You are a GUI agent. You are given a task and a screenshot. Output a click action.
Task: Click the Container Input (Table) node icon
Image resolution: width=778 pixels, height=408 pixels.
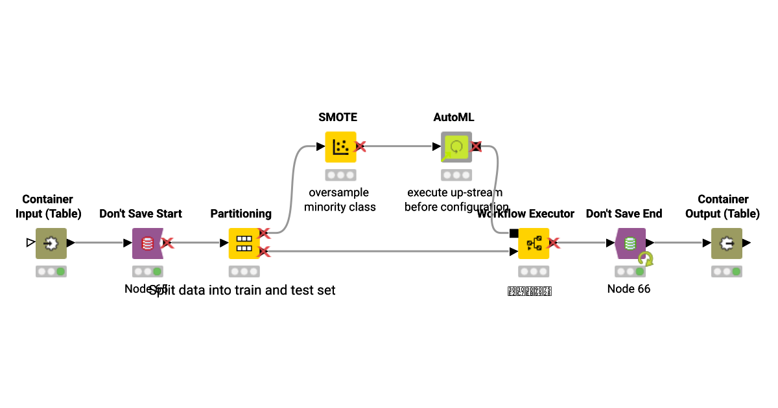pyautogui.click(x=51, y=244)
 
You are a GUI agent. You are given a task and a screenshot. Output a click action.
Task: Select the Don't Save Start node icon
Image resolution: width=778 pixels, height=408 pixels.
pyautogui.click(x=147, y=244)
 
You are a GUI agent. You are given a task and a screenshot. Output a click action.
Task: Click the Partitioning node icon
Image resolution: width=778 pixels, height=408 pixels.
pyautogui.click(x=244, y=244)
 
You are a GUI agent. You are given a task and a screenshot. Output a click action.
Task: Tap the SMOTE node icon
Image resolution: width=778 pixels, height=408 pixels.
pyautogui.click(x=340, y=147)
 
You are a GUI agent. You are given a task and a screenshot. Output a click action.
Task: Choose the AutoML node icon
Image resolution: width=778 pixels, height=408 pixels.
pyautogui.click(x=456, y=147)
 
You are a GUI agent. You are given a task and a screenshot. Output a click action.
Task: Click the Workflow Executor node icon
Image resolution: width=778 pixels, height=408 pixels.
pyautogui.click(x=534, y=244)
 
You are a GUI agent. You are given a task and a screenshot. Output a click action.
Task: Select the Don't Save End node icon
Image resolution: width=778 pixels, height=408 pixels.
pyautogui.click(x=630, y=244)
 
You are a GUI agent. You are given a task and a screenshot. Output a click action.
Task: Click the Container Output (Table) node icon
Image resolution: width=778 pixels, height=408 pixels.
pyautogui.click(x=727, y=244)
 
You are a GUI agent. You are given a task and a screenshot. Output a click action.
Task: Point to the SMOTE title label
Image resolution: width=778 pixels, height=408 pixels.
pyautogui.click(x=338, y=117)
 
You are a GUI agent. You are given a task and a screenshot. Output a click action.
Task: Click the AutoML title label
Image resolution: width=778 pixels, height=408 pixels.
pyautogui.click(x=454, y=117)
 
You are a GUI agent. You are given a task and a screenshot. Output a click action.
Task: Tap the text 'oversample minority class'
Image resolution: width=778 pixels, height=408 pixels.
pyautogui.click(x=340, y=199)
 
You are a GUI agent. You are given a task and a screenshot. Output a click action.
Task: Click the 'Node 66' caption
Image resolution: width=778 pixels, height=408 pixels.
pyautogui.click(x=629, y=289)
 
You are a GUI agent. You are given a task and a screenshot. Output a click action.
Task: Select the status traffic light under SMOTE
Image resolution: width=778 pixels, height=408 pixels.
pyautogui.click(x=340, y=175)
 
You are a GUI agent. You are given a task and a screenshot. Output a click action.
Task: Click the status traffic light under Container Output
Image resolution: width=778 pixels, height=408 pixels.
pyautogui.click(x=727, y=271)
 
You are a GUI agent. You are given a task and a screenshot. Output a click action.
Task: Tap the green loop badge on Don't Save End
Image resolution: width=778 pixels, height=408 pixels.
pyautogui.click(x=645, y=259)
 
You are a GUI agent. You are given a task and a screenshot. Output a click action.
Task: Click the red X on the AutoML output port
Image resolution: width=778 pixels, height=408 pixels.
pyautogui.click(x=476, y=147)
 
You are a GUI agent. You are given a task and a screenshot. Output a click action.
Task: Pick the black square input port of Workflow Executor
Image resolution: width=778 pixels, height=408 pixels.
pyautogui.click(x=513, y=233)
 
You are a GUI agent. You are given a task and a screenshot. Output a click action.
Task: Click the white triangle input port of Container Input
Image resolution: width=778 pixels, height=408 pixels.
pyautogui.click(x=30, y=243)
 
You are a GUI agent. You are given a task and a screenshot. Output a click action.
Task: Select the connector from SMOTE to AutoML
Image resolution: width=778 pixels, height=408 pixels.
pyautogui.click(x=399, y=147)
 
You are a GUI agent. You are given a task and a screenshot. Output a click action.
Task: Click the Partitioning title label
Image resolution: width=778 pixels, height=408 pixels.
pyautogui.click(x=241, y=214)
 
